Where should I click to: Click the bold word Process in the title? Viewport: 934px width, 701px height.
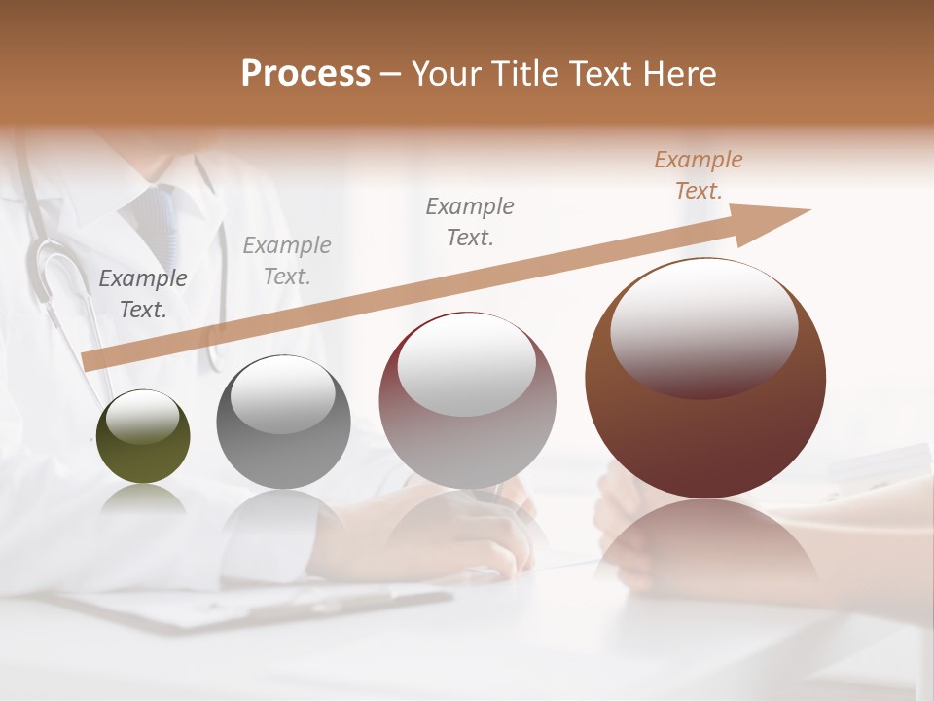305,74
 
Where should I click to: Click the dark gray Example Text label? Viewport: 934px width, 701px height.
143,294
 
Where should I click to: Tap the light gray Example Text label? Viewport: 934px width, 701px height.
286,261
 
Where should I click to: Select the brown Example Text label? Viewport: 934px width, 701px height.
699,175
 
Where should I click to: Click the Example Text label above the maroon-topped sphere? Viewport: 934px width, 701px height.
470,221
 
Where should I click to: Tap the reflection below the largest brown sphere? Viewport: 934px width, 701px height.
705,545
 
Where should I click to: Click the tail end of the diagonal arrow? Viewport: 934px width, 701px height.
88,361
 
